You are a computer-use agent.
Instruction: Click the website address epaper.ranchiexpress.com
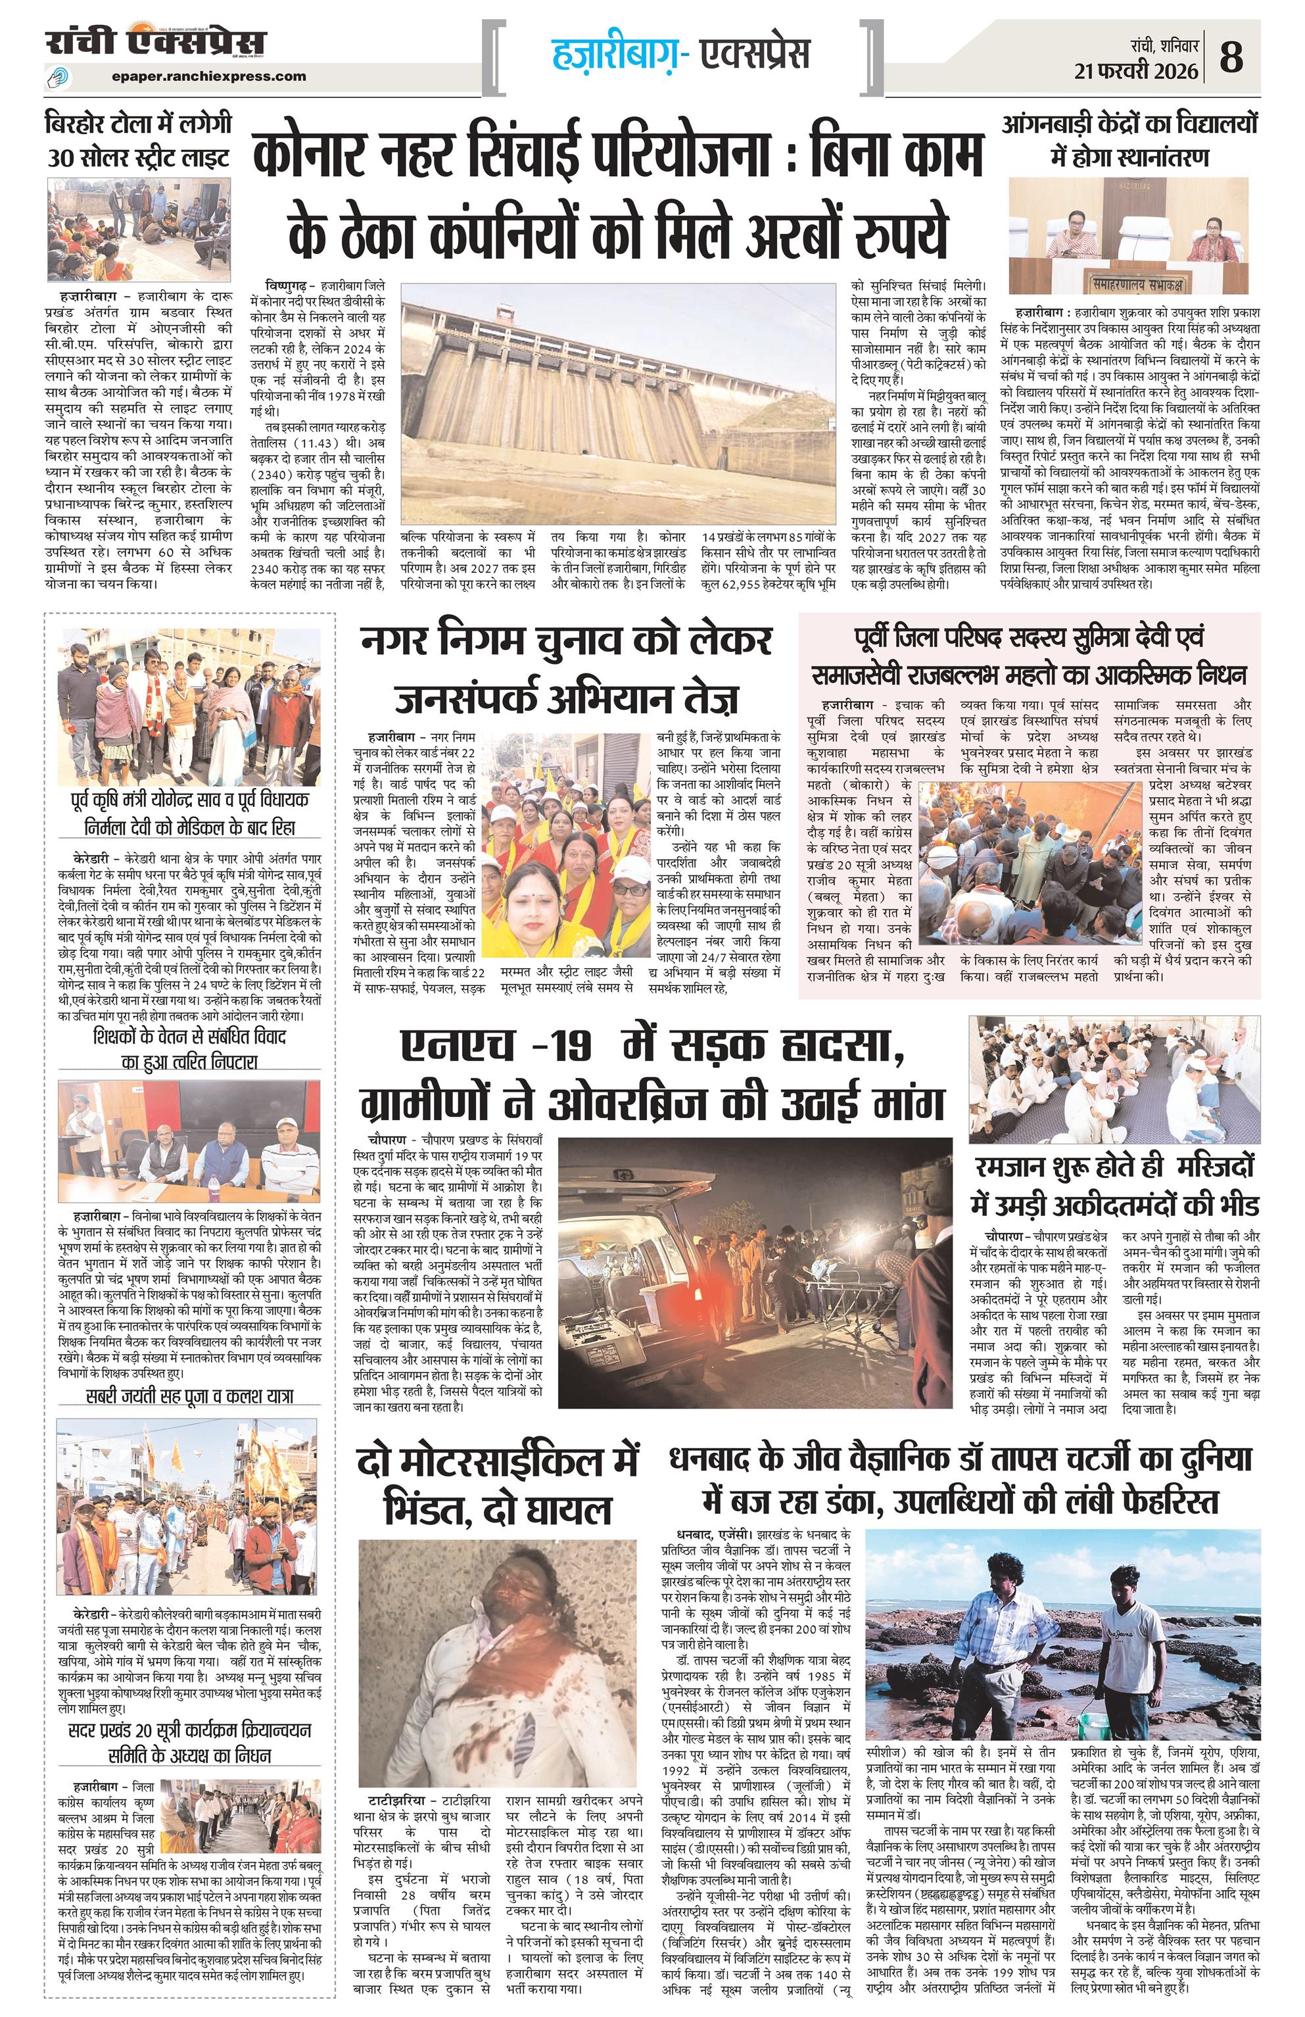tap(208, 76)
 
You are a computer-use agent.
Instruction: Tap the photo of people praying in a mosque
tap(1114, 1079)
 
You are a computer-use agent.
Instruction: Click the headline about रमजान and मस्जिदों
tap(1114, 1185)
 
